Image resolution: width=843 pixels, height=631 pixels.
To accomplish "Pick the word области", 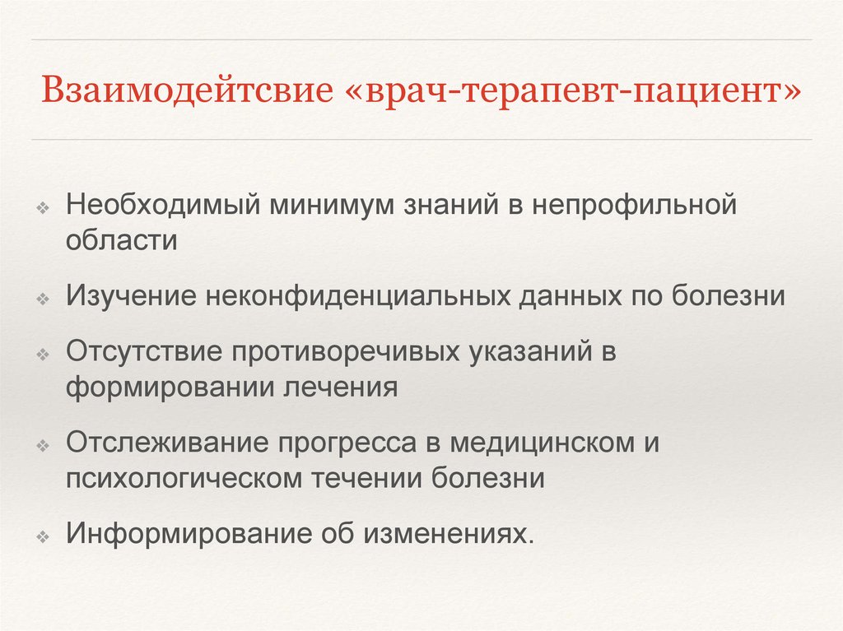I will point(122,241).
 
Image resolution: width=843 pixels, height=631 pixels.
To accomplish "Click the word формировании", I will point(169,387).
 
